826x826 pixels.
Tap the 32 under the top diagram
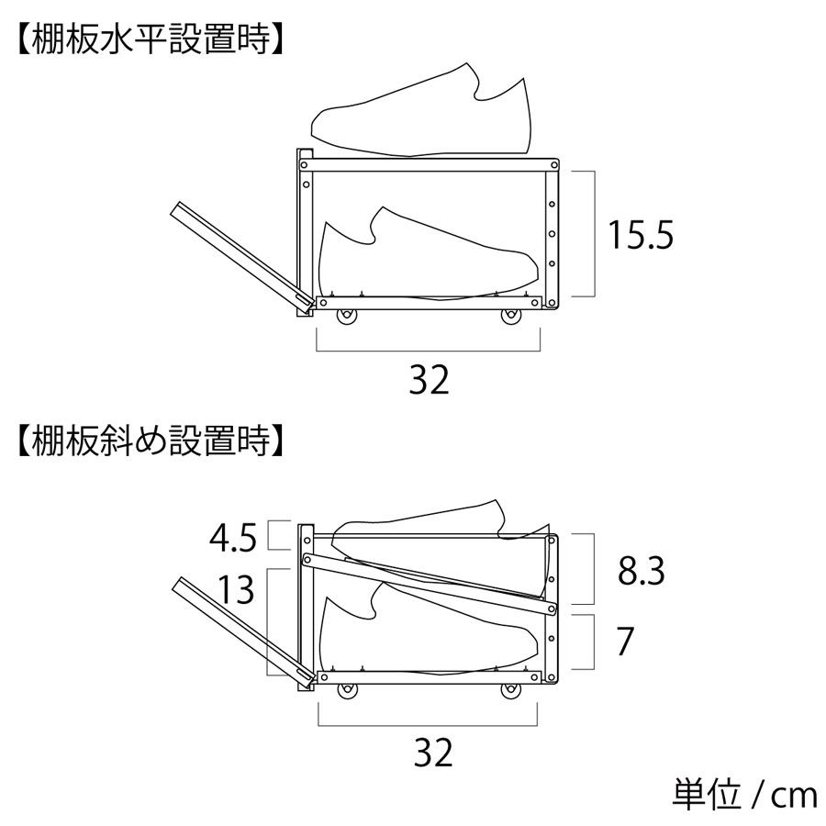pyautogui.click(x=429, y=380)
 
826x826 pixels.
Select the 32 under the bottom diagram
pyautogui.click(x=433, y=753)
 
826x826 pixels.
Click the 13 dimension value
pyautogui.click(x=236, y=589)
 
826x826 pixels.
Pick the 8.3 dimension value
pyautogui.click(x=642, y=571)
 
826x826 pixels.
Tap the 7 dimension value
pyautogui.click(x=625, y=642)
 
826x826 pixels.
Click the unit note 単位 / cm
pyautogui.click(x=744, y=795)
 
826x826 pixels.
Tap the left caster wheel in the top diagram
pyautogui.click(x=346, y=318)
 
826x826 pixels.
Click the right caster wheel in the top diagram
pyautogui.click(x=510, y=318)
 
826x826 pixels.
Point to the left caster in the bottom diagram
pyautogui.click(x=348, y=691)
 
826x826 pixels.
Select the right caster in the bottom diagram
pyautogui.click(x=510, y=691)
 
